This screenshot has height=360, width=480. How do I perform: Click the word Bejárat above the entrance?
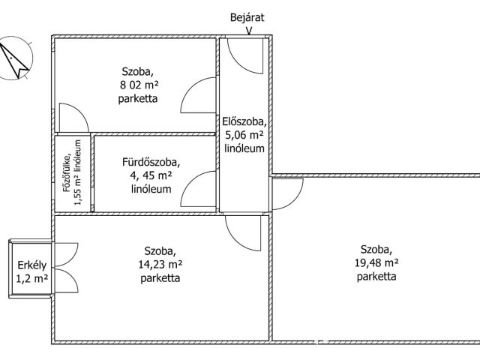[247, 17]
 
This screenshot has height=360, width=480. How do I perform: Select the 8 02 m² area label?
[139, 85]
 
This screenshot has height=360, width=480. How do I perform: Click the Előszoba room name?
[244, 121]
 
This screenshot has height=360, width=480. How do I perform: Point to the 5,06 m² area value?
[244, 135]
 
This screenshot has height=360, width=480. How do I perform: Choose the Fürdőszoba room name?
[151, 162]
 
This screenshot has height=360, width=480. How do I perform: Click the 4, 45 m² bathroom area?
[151, 175]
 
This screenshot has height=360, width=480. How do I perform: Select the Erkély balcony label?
[32, 265]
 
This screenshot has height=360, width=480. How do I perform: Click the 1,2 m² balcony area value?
[31, 278]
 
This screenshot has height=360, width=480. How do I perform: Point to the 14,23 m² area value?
[160, 264]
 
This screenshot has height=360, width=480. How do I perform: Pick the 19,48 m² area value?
[376, 262]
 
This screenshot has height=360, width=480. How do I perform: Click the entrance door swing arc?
[245, 56]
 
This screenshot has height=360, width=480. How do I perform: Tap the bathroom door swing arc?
[198, 189]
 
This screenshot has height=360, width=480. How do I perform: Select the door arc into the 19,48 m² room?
[288, 194]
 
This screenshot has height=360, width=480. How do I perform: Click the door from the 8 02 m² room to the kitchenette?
[73, 118]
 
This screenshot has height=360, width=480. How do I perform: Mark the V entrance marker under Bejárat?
[249, 31]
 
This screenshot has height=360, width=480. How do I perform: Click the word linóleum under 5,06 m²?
[244, 148]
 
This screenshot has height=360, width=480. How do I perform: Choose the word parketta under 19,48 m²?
[376, 277]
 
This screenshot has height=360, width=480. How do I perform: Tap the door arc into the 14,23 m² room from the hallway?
[243, 233]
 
